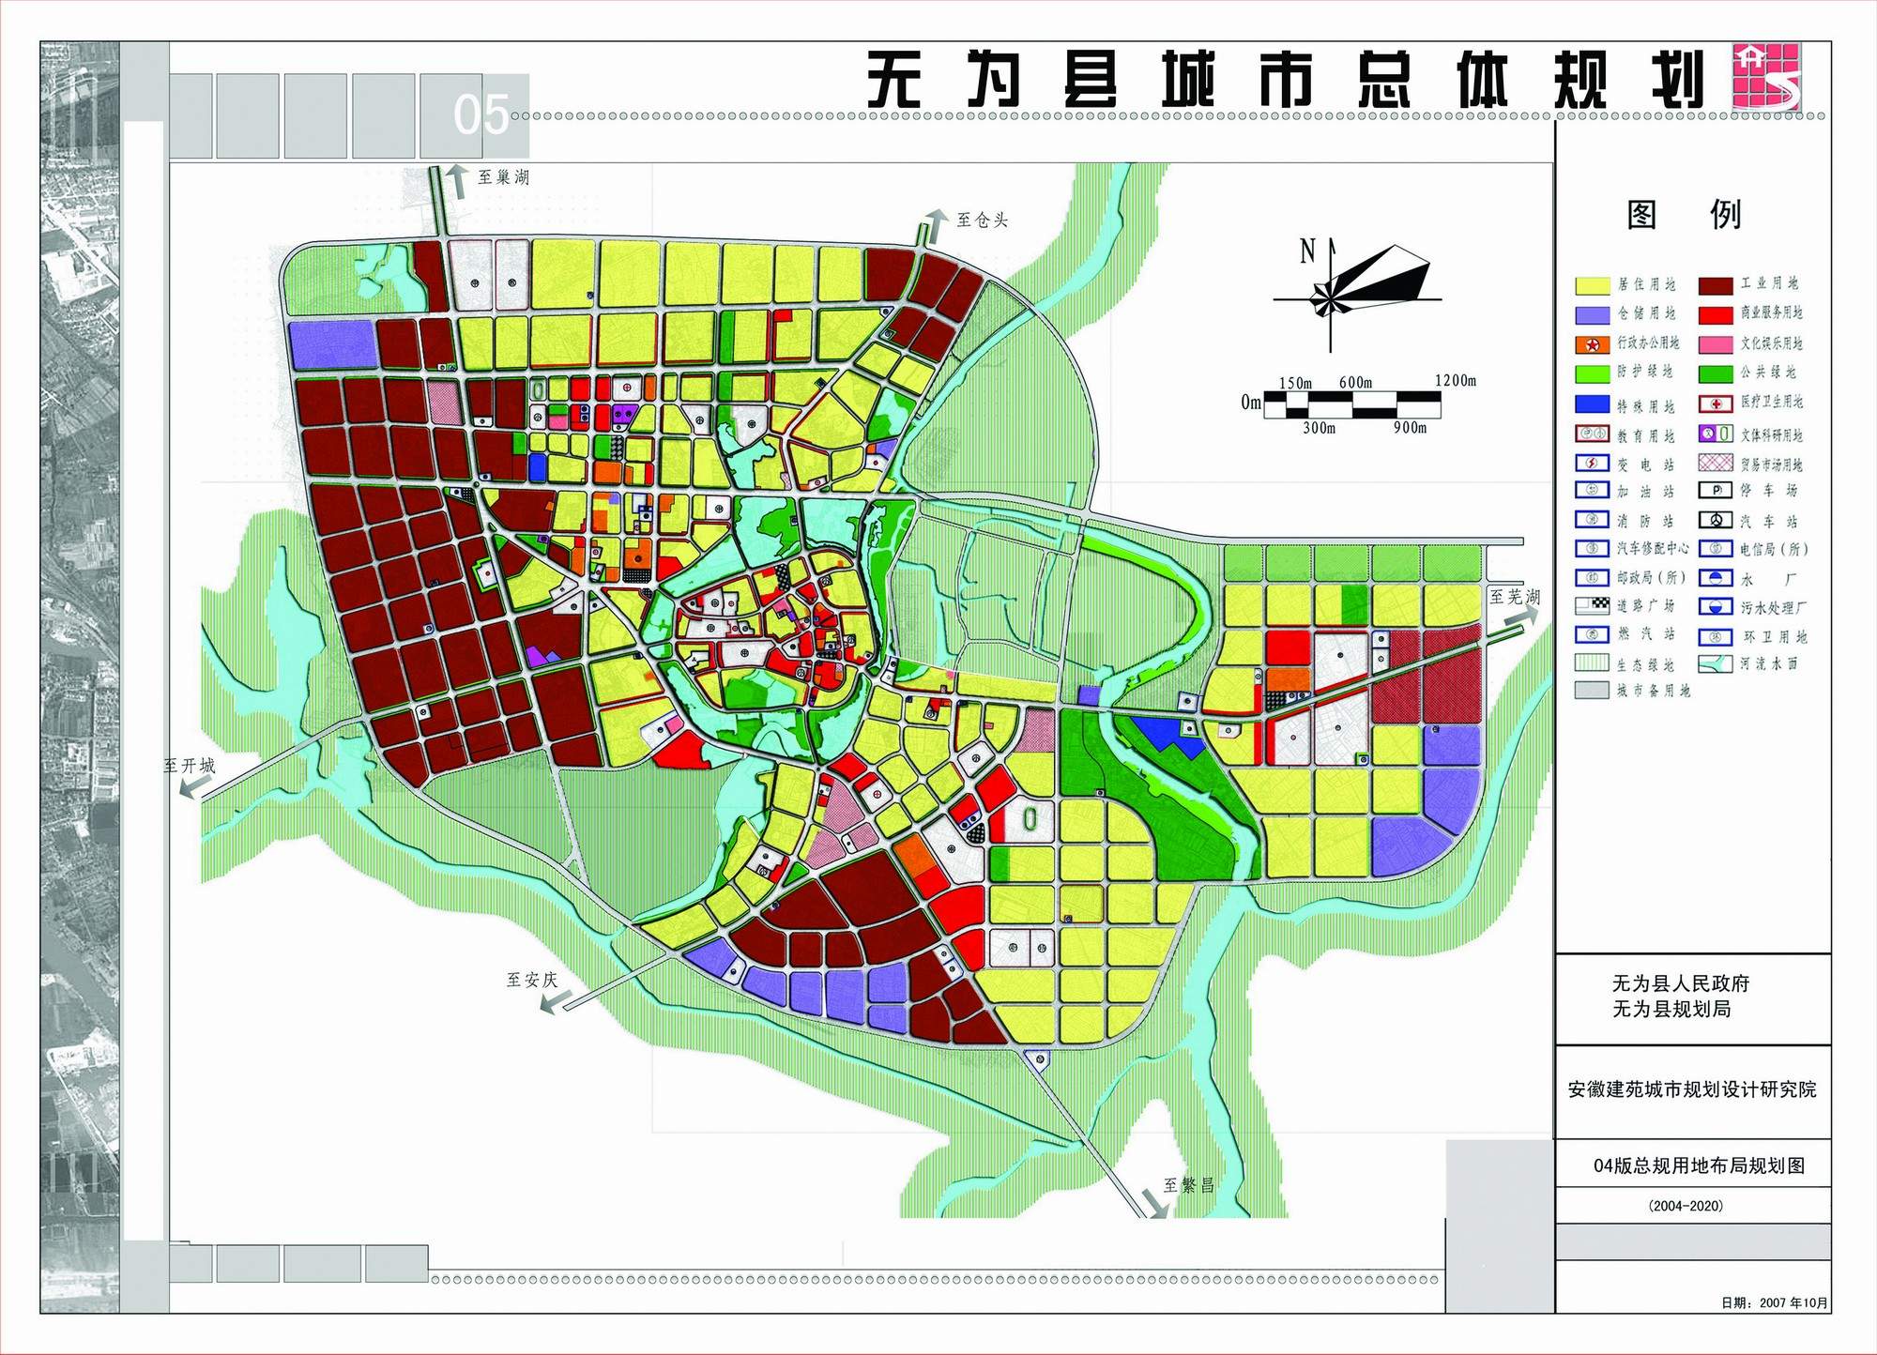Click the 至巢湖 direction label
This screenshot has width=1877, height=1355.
click(503, 177)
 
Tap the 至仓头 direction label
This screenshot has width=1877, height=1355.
click(982, 221)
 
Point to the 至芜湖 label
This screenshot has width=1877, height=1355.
click(1515, 597)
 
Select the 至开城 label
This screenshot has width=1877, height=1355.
click(190, 766)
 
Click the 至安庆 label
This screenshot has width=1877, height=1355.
click(532, 981)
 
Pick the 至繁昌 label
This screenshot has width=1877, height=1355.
click(1189, 1185)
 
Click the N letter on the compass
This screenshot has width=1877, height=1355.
click(1307, 251)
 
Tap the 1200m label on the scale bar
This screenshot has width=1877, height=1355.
click(1455, 380)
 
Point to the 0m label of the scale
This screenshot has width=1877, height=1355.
click(1251, 403)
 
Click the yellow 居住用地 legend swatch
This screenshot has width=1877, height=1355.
click(1593, 285)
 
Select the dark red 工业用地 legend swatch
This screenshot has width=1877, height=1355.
click(1716, 285)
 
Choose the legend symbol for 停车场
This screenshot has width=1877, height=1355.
click(1716, 491)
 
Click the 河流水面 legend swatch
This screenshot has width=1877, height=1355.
click(1716, 663)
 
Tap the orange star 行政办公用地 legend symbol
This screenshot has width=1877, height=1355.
click(1593, 344)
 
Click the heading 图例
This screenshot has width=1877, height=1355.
click(1684, 215)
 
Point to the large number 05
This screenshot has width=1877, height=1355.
click(481, 115)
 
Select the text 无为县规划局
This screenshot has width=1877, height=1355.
click(1671, 1010)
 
